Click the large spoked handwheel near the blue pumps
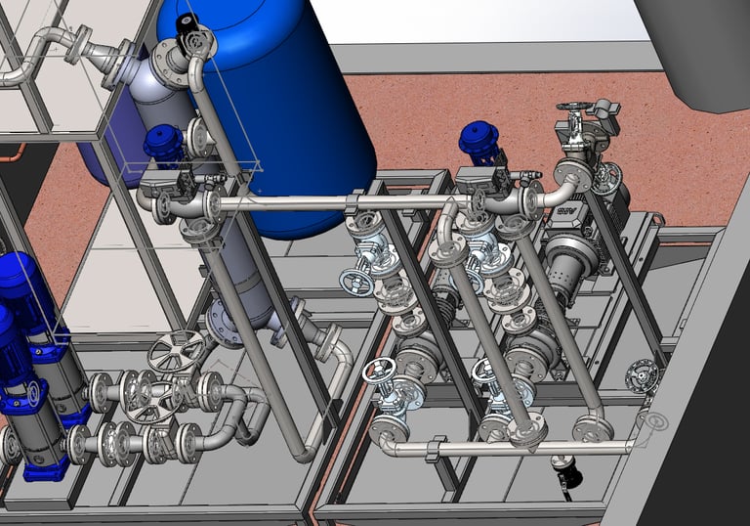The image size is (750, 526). [x=176, y=350]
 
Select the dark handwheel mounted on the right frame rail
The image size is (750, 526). [x=641, y=375]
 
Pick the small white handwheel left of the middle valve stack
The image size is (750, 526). [x=354, y=283]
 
